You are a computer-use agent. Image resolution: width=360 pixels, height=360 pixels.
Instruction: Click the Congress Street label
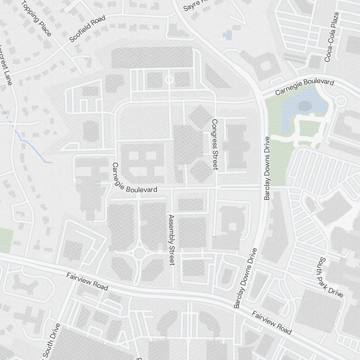[x=215, y=144]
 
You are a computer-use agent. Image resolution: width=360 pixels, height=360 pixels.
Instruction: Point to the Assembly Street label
[x=171, y=240]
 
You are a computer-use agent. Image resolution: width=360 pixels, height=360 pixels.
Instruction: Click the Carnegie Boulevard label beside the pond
[x=305, y=87]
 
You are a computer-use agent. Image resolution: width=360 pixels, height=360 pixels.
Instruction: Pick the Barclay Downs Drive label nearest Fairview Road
[x=246, y=278]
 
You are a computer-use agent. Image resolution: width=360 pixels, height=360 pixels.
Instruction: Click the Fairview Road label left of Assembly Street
[x=87, y=282]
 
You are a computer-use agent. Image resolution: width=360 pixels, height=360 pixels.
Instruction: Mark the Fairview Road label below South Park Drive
[x=271, y=323]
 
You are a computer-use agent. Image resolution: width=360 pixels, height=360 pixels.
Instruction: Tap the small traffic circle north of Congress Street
[x=169, y=79]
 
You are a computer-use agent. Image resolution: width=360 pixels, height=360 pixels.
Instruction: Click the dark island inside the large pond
[x=305, y=106]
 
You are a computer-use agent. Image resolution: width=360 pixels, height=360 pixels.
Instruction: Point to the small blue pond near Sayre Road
[x=228, y=35]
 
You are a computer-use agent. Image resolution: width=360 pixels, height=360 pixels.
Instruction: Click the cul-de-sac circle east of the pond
[x=340, y=102]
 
